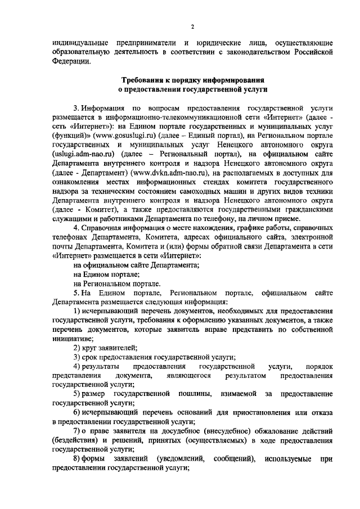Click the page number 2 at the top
[192, 26]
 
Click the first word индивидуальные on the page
[80, 43]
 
